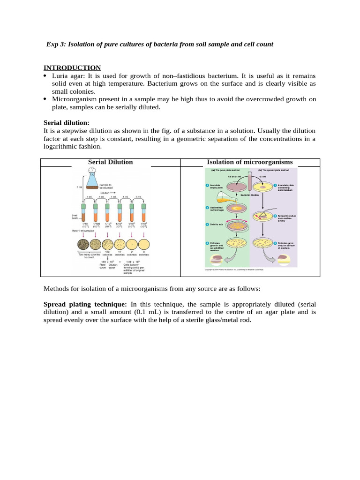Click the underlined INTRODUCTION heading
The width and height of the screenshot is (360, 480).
pyautogui.click(x=72, y=68)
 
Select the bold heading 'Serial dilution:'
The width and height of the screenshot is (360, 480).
pyautogui.click(x=66, y=123)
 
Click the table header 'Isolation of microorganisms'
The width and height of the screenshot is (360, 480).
pyautogui.click(x=250, y=162)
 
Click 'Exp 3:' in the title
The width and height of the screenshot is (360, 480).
pyautogui.click(x=56, y=44)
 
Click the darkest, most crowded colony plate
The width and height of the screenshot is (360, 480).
pyautogui.click(x=83, y=244)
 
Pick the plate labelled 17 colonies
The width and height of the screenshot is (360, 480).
pyautogui.click(x=120, y=244)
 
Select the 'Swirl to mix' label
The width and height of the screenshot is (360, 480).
pyautogui.click(x=216, y=225)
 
